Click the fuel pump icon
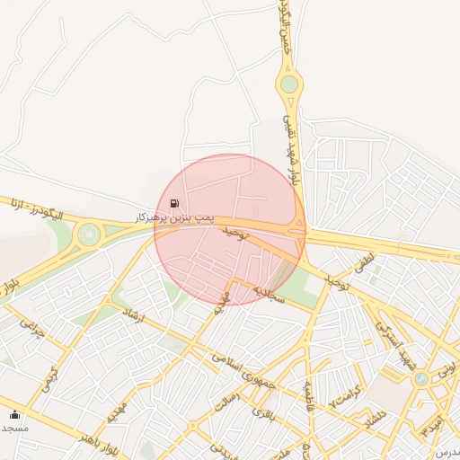[x=173, y=203]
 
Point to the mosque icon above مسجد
[x=14, y=414]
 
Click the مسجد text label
[x=14, y=428]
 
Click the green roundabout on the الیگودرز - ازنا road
[x=89, y=234]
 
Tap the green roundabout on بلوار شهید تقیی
[x=288, y=84]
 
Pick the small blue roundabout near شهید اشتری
[x=420, y=379]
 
